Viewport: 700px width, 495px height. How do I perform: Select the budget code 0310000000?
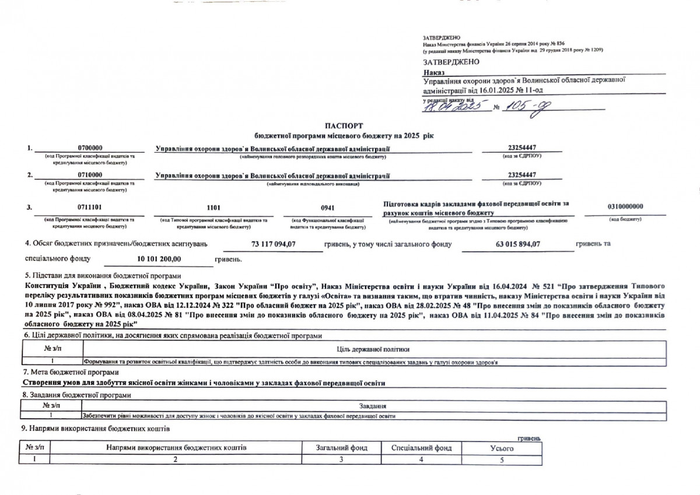coord(625,206)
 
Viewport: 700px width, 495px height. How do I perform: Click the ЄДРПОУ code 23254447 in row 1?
coord(523,149)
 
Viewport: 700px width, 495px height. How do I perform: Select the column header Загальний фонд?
coord(341,448)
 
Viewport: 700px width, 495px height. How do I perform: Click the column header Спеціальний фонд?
coord(417,448)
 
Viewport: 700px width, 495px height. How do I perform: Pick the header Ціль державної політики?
coord(373,349)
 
